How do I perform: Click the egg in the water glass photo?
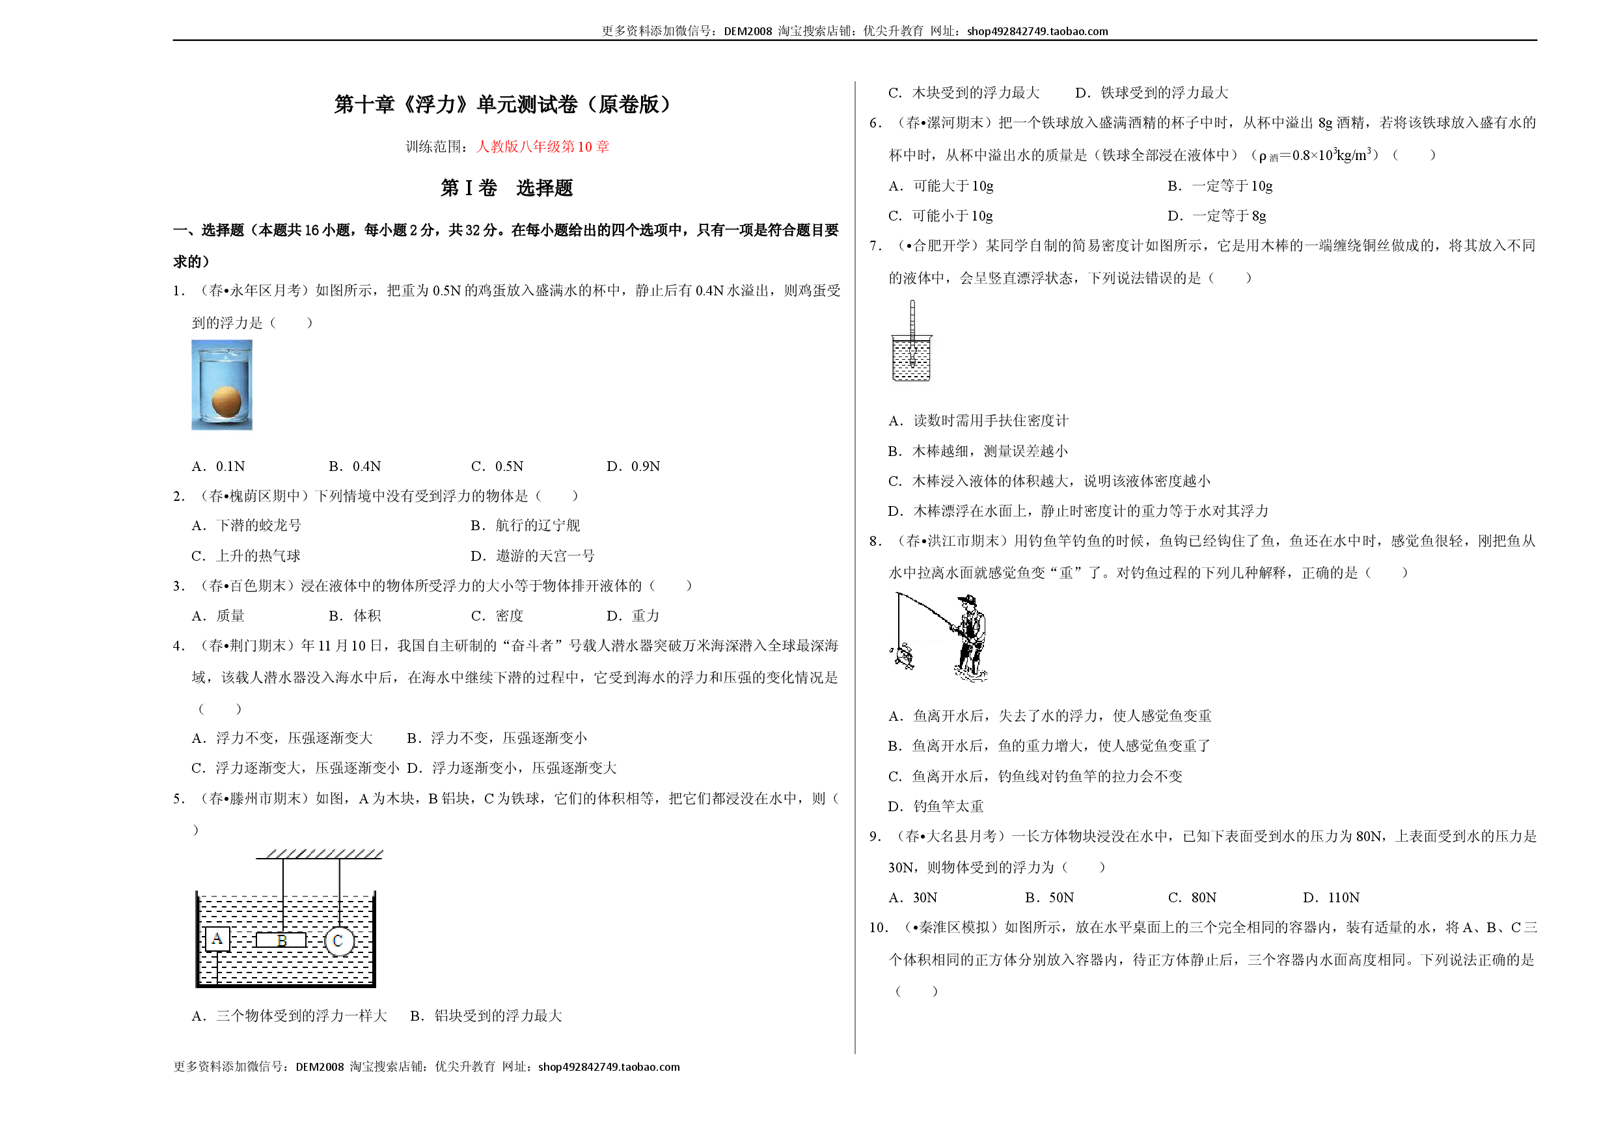[x=226, y=402]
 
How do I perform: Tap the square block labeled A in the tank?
[x=217, y=939]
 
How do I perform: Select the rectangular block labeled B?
[x=281, y=940]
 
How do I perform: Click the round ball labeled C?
[x=340, y=941]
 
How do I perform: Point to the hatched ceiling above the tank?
[x=320, y=853]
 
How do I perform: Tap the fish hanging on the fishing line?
[x=902, y=655]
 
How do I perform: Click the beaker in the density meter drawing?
[x=912, y=358]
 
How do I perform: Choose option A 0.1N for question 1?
[x=219, y=466]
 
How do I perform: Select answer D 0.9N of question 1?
[x=633, y=466]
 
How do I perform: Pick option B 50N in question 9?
[x=1050, y=898]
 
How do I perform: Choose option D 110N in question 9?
[x=1331, y=898]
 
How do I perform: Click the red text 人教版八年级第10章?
[x=543, y=147]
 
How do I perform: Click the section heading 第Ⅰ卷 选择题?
[x=507, y=188]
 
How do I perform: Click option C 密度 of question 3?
[x=497, y=616]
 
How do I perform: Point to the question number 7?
[x=875, y=246]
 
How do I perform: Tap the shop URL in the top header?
[x=1037, y=31]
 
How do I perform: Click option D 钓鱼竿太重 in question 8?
[x=936, y=807]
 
